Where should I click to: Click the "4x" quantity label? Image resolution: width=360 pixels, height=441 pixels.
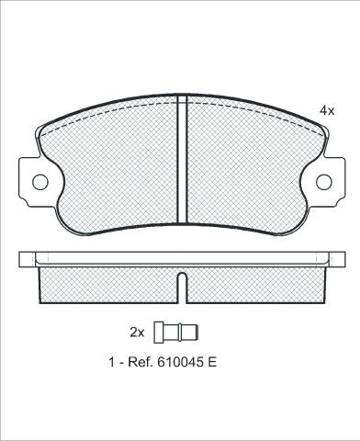[x=327, y=110]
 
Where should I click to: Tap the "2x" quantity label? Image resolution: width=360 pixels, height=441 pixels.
[x=137, y=333]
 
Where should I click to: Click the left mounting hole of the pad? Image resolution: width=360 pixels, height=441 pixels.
[x=40, y=182]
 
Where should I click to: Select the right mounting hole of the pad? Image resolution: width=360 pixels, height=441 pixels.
[x=324, y=182]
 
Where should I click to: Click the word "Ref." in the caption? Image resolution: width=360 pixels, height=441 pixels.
[x=140, y=362]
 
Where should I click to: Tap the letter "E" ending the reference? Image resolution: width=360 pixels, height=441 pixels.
[x=212, y=362]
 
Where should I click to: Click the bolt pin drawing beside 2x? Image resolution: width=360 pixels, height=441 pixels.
[x=176, y=333]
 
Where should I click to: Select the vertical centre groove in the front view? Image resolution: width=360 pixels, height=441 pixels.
[x=182, y=159]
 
